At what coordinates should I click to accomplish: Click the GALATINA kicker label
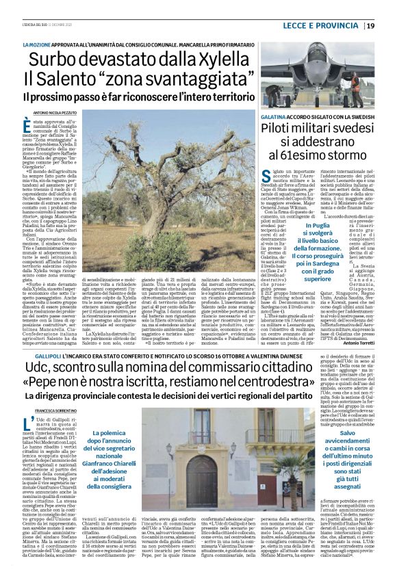coord(277,118)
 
